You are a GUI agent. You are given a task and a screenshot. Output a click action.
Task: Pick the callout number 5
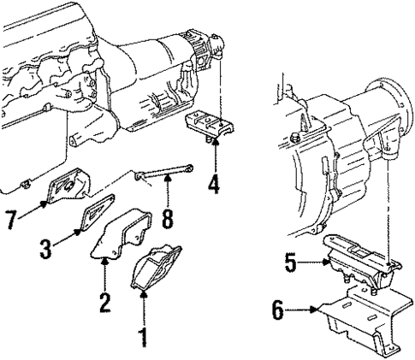click(292, 265)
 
